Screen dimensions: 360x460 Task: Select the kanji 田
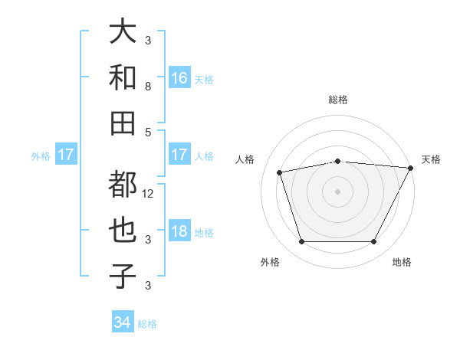tap(123, 122)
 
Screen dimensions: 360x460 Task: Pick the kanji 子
tap(123, 275)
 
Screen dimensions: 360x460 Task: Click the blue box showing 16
tap(179, 77)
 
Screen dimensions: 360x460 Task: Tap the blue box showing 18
tap(179, 232)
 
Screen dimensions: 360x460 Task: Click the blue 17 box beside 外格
tap(66, 155)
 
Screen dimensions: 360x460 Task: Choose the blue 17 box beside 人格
tap(179, 155)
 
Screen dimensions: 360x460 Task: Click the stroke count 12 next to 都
tap(148, 194)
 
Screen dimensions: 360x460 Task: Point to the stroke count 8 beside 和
tap(148, 87)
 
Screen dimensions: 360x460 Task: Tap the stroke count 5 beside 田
tap(148, 132)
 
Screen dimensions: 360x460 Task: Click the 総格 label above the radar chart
tap(337, 100)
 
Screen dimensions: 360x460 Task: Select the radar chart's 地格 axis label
tap(402, 263)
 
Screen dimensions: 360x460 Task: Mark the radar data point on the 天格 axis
tap(410, 168)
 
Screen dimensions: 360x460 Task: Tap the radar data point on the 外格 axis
tap(301, 242)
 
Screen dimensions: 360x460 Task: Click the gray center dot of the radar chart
tap(337, 191)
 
